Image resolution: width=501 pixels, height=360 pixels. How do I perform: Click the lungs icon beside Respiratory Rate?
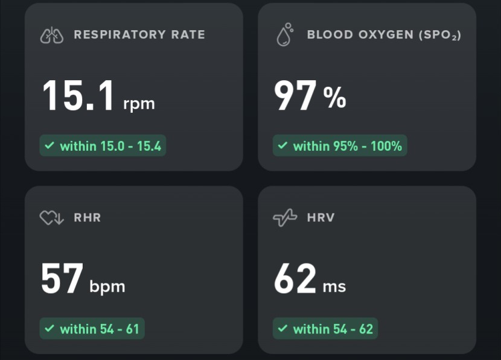pyautogui.click(x=52, y=36)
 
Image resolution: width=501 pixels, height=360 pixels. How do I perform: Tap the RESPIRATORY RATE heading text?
pyautogui.click(x=139, y=35)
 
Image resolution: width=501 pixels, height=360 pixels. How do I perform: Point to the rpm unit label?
pyautogui.click(x=139, y=104)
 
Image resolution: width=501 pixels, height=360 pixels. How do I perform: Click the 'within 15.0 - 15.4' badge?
pyautogui.click(x=103, y=146)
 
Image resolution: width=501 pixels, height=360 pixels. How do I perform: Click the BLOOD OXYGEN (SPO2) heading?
pyautogui.click(x=384, y=35)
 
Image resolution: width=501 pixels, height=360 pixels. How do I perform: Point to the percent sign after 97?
pyautogui.click(x=335, y=98)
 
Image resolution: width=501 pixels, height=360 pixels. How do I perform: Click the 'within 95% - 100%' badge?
pyautogui.click(x=340, y=146)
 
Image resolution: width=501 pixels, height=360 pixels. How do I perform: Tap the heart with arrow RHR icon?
pyautogui.click(x=52, y=218)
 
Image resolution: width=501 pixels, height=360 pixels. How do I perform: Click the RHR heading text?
pyautogui.click(x=88, y=218)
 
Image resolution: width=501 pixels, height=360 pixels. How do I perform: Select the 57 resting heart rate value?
pyautogui.click(x=62, y=279)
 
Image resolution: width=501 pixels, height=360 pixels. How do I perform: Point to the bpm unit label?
pyautogui.click(x=107, y=286)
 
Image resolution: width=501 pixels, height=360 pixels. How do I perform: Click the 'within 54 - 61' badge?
pyautogui.click(x=92, y=329)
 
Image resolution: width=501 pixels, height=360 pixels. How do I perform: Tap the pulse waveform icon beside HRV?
pyautogui.click(x=285, y=218)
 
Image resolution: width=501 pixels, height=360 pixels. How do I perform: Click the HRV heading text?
pyautogui.click(x=321, y=218)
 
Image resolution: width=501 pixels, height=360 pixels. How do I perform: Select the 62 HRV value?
pyautogui.click(x=295, y=279)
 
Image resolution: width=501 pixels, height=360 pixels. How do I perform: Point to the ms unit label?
pyautogui.click(x=334, y=286)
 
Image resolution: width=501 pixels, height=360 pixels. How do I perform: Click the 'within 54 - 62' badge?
pyautogui.click(x=325, y=329)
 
